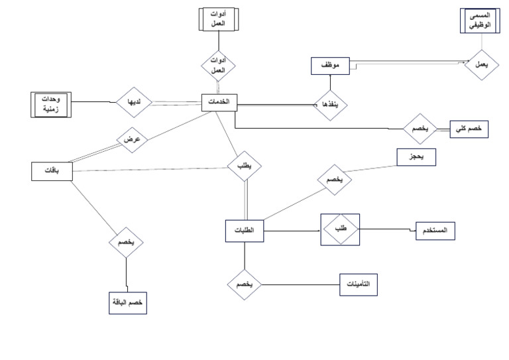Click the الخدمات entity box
click(219, 102)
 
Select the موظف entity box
click(329, 66)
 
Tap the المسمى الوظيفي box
click(479, 21)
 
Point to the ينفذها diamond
click(330, 104)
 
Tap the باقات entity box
click(50, 171)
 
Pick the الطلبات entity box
click(244, 230)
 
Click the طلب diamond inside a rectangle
click(339, 229)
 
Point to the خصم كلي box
click(469, 129)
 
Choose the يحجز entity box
click(416, 156)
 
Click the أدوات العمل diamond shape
click(219, 65)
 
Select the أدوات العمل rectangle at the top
click(218, 20)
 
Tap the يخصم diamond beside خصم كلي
click(420, 129)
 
